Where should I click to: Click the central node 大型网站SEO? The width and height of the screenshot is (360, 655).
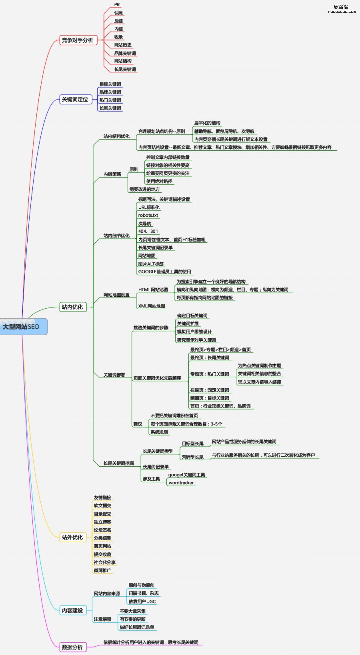22,327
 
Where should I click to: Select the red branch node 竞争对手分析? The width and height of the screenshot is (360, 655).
78,40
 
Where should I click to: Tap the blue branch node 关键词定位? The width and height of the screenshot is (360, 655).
75,100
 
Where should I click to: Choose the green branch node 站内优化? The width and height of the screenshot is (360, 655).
72,307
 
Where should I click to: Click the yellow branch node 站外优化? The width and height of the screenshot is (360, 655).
72,537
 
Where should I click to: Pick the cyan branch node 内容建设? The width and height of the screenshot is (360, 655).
72,611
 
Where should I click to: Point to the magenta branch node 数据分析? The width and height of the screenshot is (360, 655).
72,647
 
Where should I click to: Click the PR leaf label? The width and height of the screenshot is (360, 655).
117,5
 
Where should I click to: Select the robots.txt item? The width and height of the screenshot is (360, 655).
148,215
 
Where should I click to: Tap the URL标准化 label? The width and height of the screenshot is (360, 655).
149,207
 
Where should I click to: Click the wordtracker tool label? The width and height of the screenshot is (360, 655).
181,483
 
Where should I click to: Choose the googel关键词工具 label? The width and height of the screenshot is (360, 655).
187,475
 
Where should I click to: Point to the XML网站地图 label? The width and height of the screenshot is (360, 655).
152,306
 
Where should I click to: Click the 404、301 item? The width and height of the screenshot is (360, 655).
148,231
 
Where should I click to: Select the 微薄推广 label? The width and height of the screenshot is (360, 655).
102,570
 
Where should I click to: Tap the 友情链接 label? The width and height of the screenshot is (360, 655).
102,497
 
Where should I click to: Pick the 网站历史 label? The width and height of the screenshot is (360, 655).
123,45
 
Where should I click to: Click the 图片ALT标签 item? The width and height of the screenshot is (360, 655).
151,264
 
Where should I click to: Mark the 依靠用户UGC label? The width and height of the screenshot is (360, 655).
142,601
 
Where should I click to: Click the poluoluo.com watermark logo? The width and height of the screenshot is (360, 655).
342,8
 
